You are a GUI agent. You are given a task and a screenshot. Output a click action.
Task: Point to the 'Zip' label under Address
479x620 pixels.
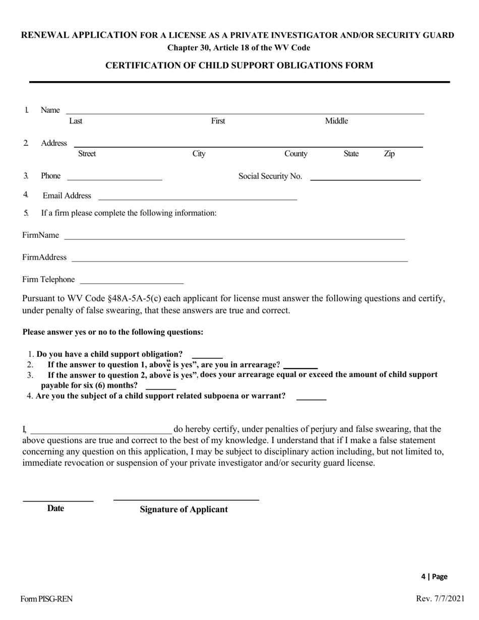(389, 154)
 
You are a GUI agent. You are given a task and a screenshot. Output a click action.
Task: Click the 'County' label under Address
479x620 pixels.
(296, 154)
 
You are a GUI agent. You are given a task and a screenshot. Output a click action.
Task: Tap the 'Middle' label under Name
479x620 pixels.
(336, 121)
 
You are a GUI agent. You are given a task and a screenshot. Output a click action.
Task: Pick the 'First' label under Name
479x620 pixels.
(218, 121)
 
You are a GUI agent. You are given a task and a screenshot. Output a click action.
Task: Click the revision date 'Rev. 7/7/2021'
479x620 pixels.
(440, 599)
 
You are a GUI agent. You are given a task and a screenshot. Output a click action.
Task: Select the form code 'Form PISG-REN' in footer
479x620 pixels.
(46, 599)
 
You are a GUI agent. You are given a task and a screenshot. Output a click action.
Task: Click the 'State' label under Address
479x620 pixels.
(351, 154)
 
